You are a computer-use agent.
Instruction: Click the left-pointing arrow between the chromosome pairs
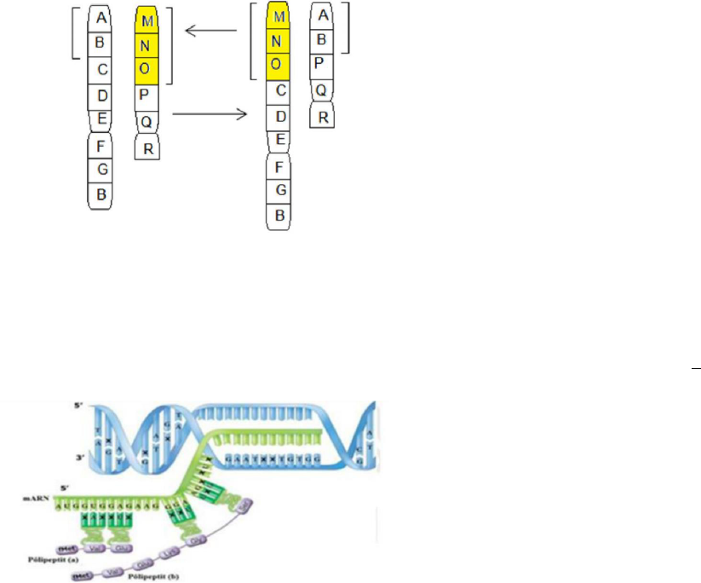210,32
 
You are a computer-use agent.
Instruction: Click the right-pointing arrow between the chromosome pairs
208,113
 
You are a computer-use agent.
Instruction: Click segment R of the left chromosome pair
148,149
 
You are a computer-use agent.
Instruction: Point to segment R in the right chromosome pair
322,116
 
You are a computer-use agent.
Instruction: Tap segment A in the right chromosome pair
321,14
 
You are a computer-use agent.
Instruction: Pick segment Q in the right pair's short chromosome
322,89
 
